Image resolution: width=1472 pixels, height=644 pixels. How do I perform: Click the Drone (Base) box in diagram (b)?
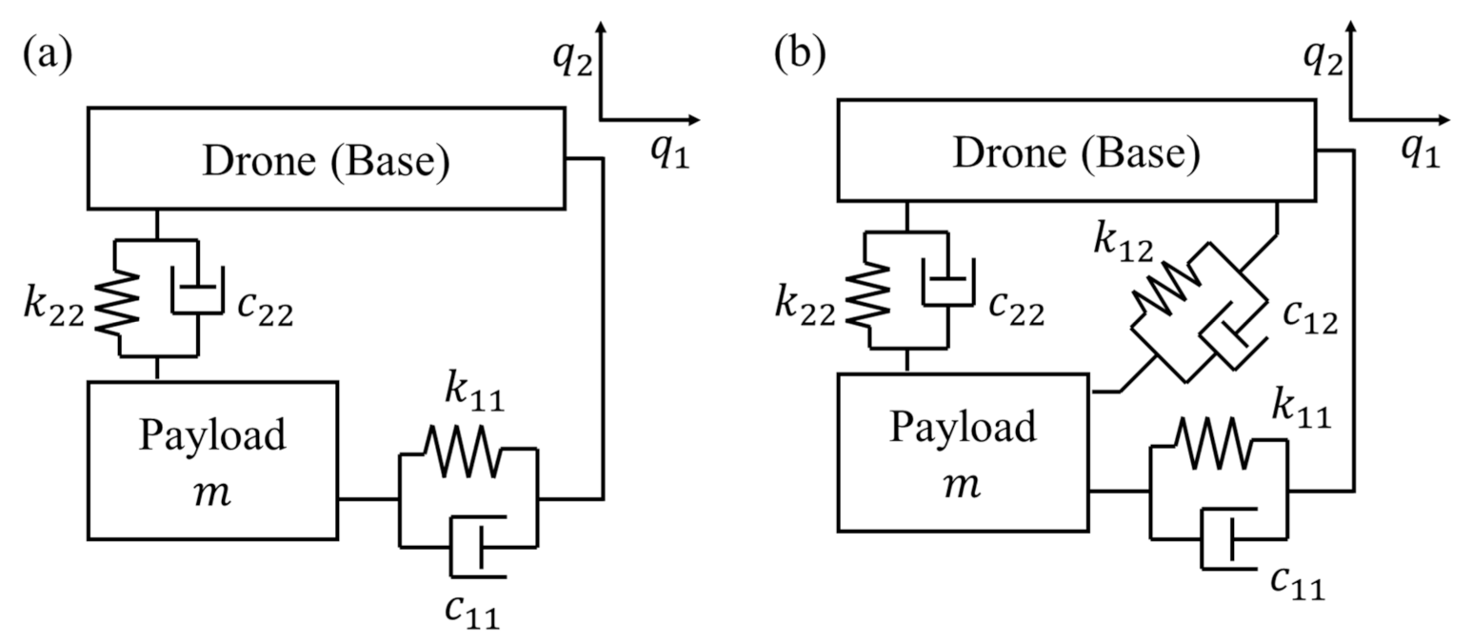1075,153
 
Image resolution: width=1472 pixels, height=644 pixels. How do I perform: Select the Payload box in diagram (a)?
212,460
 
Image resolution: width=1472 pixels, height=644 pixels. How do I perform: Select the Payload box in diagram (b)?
962,452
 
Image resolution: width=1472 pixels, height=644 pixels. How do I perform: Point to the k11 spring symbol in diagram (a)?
461,453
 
